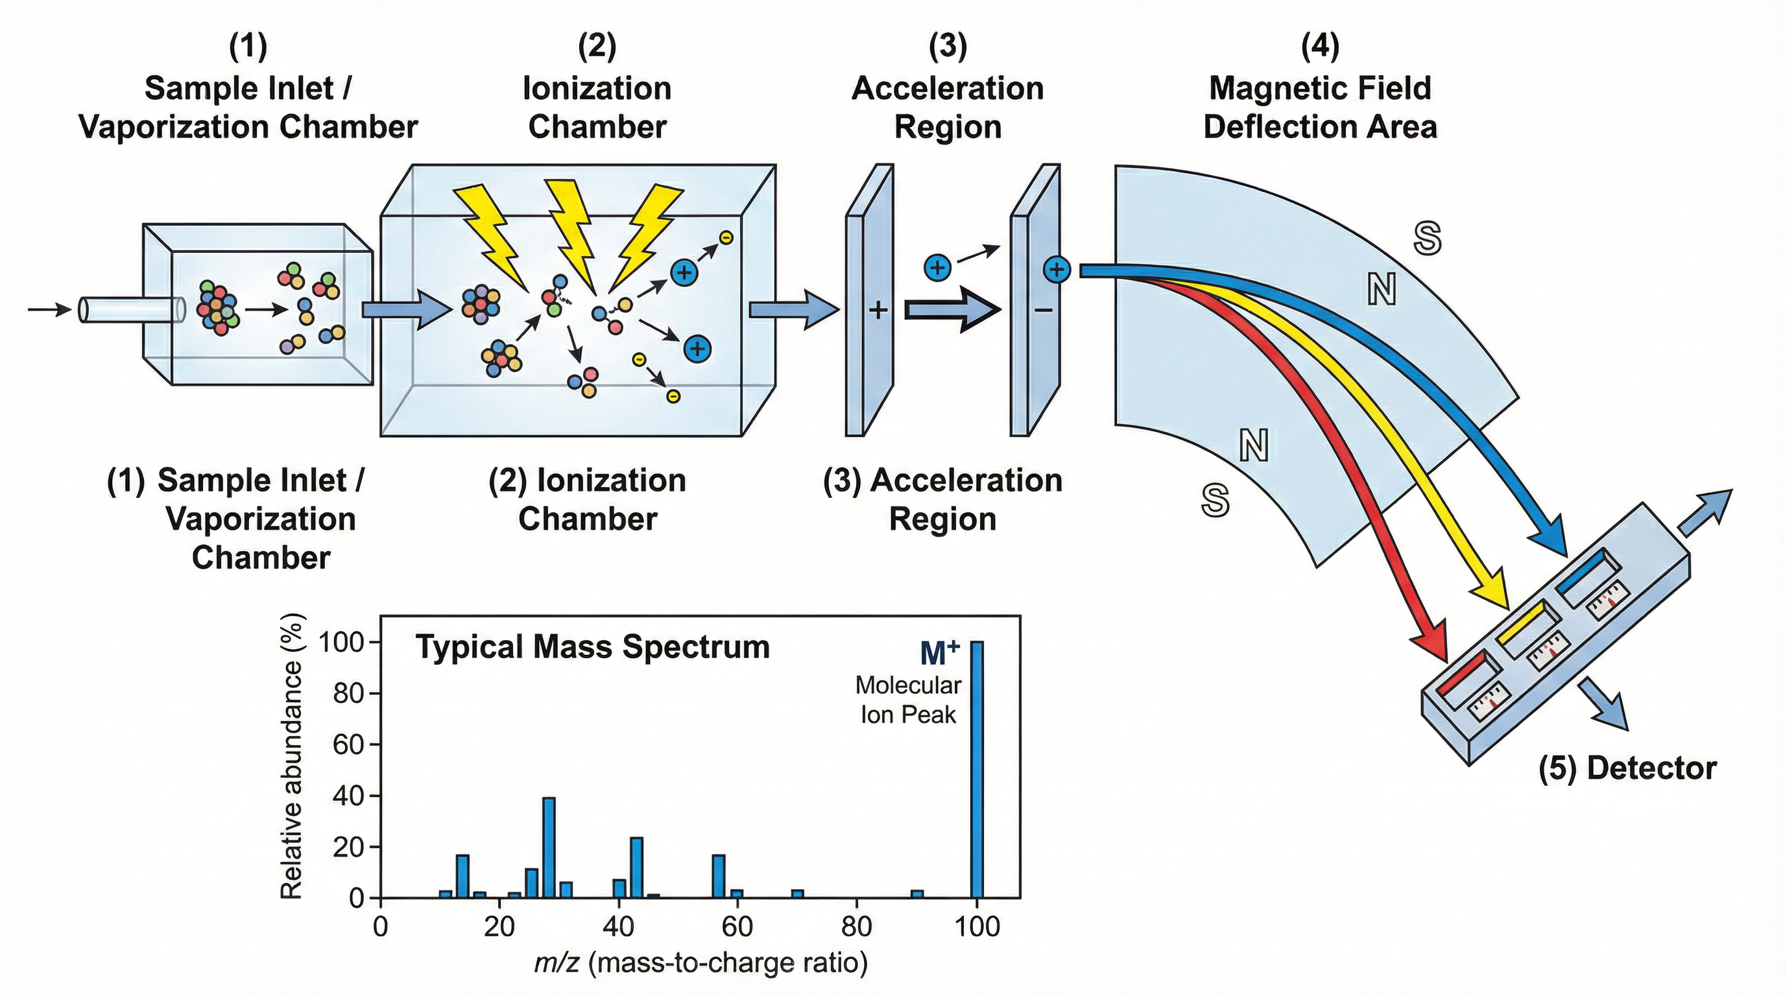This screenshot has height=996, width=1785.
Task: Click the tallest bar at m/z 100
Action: [x=976, y=769]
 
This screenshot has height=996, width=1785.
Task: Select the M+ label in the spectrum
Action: [x=939, y=653]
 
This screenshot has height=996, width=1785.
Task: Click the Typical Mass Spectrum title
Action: [x=592, y=647]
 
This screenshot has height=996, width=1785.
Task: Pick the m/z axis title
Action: [x=701, y=963]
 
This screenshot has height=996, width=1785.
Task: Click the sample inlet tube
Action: [x=132, y=309]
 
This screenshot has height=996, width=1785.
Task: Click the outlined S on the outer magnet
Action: [x=1428, y=239]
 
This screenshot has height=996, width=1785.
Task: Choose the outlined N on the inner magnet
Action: [x=1254, y=445]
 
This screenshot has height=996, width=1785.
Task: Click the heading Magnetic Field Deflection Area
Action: [x=1319, y=108]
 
